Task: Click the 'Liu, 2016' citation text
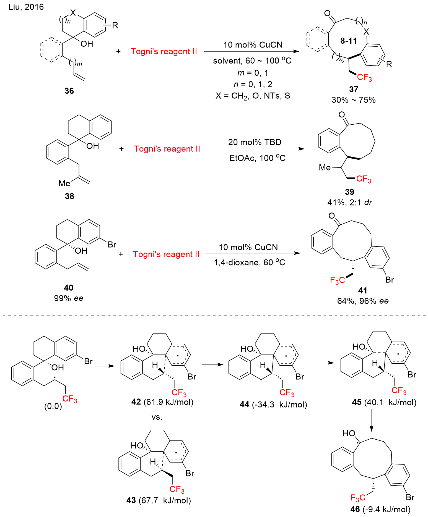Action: click(x=26, y=7)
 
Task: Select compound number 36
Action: click(x=69, y=91)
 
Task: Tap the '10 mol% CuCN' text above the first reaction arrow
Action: click(x=253, y=45)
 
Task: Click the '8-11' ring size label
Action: click(x=349, y=41)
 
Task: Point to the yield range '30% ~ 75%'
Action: click(x=354, y=100)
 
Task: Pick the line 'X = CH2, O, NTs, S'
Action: click(x=253, y=96)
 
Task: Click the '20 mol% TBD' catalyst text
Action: click(x=255, y=142)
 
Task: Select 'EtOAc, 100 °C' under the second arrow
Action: click(x=257, y=158)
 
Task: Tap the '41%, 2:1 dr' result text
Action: click(x=350, y=203)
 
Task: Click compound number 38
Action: click(x=69, y=196)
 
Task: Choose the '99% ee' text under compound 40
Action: click(x=69, y=298)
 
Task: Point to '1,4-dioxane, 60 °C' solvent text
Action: click(x=249, y=262)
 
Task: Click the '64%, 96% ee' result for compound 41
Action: click(x=363, y=301)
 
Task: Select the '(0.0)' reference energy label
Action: click(x=53, y=406)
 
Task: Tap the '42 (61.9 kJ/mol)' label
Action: click(x=162, y=402)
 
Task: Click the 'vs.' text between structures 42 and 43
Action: click(x=157, y=417)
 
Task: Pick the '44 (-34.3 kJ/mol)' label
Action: click(x=273, y=405)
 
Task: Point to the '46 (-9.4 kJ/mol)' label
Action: click(x=380, y=509)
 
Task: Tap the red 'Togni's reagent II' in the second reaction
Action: click(x=167, y=149)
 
